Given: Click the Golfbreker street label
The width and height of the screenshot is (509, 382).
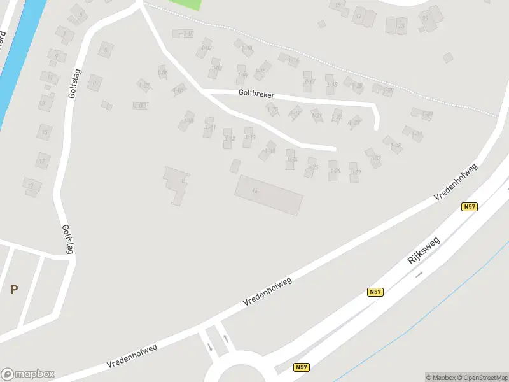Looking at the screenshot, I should (x=256, y=94).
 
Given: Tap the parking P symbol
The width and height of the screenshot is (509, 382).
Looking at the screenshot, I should (x=14, y=290).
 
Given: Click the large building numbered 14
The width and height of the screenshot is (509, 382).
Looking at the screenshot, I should (x=268, y=195).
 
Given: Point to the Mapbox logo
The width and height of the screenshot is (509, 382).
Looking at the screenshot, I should (x=28, y=374).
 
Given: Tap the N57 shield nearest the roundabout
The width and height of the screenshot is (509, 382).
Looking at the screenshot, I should (x=301, y=367).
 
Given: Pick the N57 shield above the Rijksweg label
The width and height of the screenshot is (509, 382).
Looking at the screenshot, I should (x=469, y=207).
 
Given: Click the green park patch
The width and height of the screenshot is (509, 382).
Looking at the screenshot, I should (x=185, y=4).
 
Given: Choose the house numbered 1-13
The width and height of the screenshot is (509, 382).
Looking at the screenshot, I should (x=249, y=136).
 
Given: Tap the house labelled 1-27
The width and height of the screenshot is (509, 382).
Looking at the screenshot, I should (x=355, y=171).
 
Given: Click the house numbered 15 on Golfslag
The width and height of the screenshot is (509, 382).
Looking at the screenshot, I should (x=44, y=132).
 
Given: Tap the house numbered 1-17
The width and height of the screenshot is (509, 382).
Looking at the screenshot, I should (x=309, y=80).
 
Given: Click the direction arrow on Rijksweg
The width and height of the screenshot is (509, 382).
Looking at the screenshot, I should (x=419, y=274).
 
